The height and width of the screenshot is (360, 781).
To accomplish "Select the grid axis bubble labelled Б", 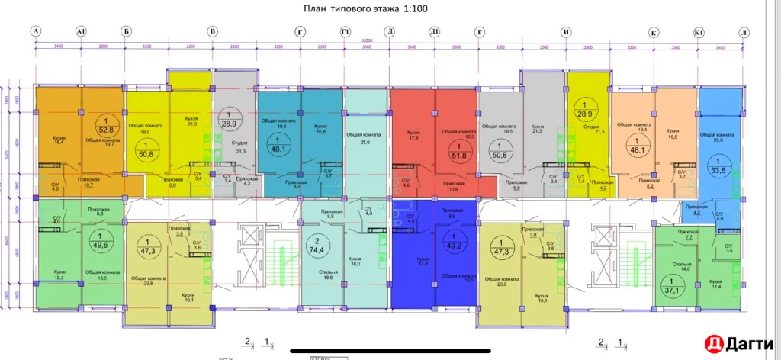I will pyautogui.click(x=125, y=31).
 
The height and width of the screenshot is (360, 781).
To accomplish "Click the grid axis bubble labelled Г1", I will pyautogui.click(x=346, y=31).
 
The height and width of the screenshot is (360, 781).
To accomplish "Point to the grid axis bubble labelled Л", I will pyautogui.click(x=744, y=32).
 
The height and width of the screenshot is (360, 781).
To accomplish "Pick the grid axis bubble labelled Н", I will pyautogui.click(x=566, y=32).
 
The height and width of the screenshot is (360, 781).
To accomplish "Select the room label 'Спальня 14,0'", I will pyautogui.click(x=681, y=265).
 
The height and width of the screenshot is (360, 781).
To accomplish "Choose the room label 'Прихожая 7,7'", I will pyautogui.click(x=689, y=234).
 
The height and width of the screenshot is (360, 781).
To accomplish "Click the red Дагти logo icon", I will pyautogui.click(x=713, y=344).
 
